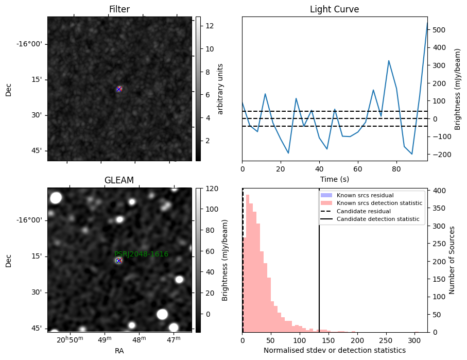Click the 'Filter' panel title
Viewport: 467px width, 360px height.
[119, 9]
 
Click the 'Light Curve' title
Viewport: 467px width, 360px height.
[335, 9]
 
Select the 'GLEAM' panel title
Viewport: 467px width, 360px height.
[119, 180]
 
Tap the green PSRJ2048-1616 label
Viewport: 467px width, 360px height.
[142, 254]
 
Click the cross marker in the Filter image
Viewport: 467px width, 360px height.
[119, 89]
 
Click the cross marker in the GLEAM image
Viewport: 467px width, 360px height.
[119, 261]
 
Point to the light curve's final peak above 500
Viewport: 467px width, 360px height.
[427, 23]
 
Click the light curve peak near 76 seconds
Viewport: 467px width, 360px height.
[389, 61]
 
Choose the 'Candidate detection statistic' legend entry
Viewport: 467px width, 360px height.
[370, 219]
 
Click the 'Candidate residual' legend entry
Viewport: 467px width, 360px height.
[356, 211]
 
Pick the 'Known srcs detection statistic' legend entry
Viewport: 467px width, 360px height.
[371, 203]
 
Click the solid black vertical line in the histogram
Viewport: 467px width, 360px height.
[319, 261]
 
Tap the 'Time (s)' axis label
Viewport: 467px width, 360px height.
[335, 179]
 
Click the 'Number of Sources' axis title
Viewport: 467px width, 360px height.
[452, 260]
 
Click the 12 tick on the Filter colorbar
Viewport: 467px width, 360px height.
[210, 26]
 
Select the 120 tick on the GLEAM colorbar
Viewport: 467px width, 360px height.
[212, 188]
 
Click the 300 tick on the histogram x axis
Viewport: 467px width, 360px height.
[414, 340]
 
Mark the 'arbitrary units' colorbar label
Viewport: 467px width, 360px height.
[220, 89]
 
